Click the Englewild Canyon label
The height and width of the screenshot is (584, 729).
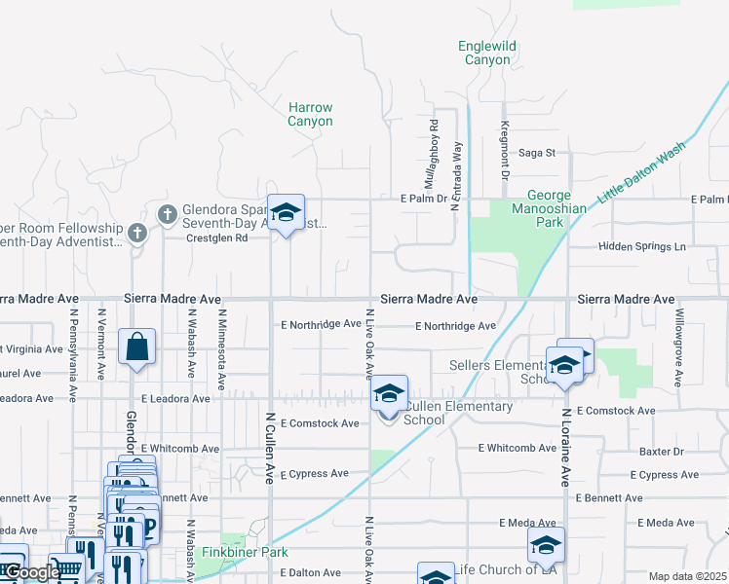485,53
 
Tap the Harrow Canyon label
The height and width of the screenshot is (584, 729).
310,115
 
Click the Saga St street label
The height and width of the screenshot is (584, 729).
536,153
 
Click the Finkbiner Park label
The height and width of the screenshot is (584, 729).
232,552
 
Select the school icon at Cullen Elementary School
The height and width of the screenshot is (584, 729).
389,394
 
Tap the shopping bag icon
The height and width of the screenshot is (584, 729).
137,347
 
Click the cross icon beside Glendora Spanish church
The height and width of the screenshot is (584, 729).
167,212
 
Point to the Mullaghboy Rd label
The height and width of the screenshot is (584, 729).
433,154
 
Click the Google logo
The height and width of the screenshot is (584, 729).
31,572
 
